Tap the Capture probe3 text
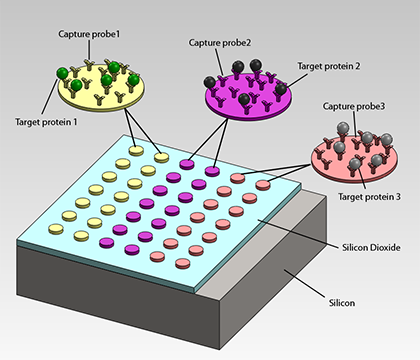(x=354, y=106)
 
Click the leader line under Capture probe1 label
(x=92, y=49)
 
